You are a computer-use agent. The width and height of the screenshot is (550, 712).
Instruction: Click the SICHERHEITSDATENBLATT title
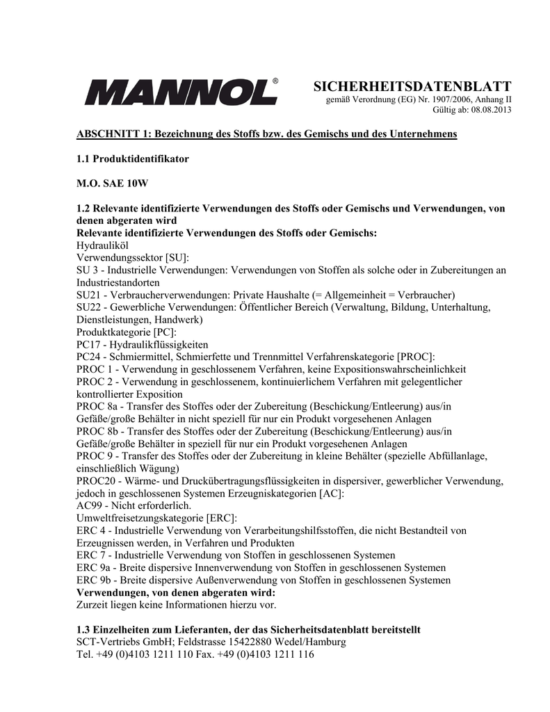point(412,86)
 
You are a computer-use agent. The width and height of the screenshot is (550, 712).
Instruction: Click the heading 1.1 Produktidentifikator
point(132,159)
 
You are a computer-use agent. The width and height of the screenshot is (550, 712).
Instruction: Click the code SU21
point(88,295)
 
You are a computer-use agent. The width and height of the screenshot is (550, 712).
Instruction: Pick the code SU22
point(88,307)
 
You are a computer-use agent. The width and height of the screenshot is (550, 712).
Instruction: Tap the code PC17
point(88,345)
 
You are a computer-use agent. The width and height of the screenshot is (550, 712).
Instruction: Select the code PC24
point(88,357)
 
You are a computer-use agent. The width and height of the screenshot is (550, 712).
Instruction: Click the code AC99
point(88,505)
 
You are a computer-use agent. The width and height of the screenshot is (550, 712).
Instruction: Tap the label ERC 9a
point(93,567)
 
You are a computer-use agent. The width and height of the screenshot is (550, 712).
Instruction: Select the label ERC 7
point(90,555)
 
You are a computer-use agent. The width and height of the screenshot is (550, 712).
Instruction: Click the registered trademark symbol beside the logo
point(275,81)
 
